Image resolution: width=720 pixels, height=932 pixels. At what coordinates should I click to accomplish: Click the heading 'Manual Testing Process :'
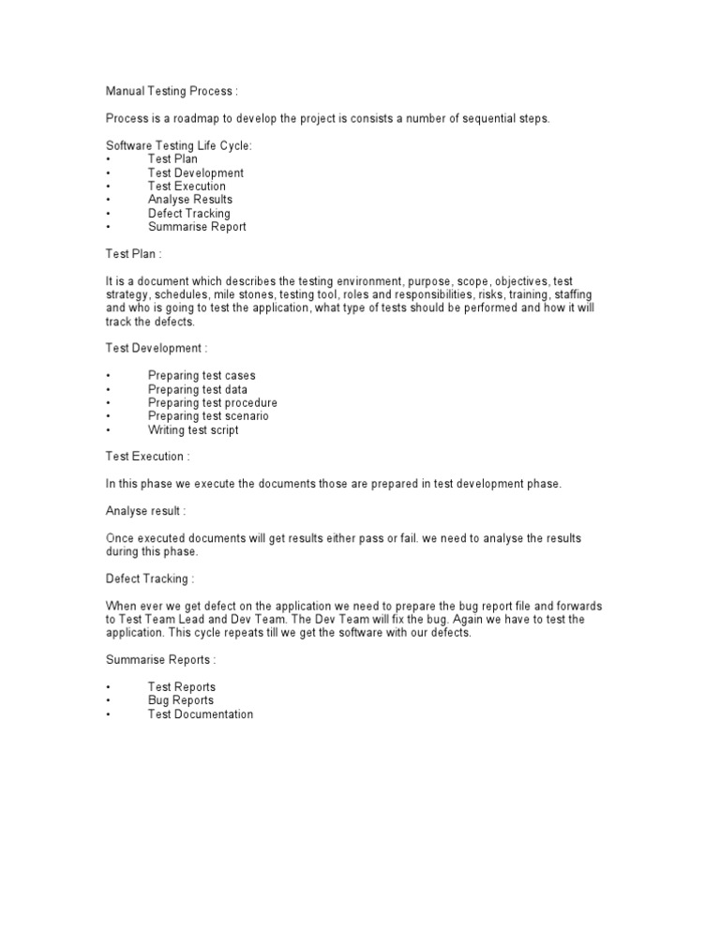pyautogui.click(x=172, y=91)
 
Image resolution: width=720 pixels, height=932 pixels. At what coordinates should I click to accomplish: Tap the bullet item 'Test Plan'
pyautogui.click(x=172, y=159)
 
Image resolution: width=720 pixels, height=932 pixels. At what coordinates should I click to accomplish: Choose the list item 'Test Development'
pyautogui.click(x=195, y=173)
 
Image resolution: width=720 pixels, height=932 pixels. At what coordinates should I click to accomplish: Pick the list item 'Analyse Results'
pyautogui.click(x=190, y=200)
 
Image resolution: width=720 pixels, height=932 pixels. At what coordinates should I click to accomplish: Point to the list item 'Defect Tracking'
pyautogui.click(x=188, y=213)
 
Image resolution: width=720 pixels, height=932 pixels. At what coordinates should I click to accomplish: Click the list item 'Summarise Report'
pyautogui.click(x=197, y=227)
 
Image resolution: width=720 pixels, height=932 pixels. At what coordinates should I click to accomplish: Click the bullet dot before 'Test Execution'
pyautogui.click(x=109, y=187)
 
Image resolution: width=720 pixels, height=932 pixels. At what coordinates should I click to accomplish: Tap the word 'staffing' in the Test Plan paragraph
pyautogui.click(x=573, y=294)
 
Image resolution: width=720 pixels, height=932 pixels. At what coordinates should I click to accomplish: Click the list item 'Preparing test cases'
pyautogui.click(x=202, y=376)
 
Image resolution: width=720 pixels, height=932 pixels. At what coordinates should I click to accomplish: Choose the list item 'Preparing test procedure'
pyautogui.click(x=212, y=403)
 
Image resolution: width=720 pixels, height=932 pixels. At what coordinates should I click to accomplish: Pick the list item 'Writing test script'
pyautogui.click(x=193, y=430)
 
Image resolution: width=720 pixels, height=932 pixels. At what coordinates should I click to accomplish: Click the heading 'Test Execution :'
pyautogui.click(x=147, y=457)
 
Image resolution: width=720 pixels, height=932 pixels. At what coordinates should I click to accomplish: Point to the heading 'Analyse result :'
pyautogui.click(x=145, y=511)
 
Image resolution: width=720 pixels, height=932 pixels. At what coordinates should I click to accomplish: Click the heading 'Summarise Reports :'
pyautogui.click(x=161, y=660)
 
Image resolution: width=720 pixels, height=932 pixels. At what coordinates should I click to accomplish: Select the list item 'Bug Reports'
pyautogui.click(x=181, y=700)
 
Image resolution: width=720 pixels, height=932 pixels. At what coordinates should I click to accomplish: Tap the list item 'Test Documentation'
pyautogui.click(x=201, y=714)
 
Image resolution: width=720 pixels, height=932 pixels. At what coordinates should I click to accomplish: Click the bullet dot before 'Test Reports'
pyautogui.click(x=109, y=687)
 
